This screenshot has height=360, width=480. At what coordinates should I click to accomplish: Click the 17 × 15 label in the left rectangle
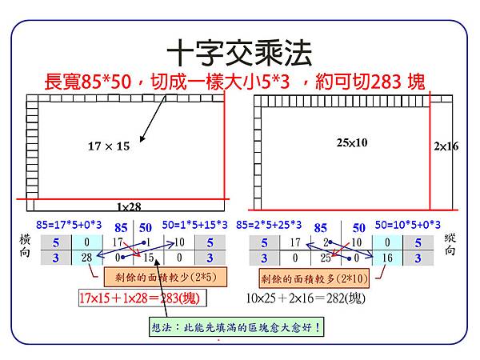coord(108,146)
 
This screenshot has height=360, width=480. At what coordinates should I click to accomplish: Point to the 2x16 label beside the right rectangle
coord(446,146)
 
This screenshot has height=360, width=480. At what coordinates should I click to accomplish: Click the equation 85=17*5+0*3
coord(70,225)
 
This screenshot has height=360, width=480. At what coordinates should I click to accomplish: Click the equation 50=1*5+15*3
coord(195,225)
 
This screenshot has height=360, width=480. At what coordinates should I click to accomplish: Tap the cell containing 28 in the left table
coord(87,258)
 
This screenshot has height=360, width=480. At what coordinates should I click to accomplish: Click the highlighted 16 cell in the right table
coord(386,258)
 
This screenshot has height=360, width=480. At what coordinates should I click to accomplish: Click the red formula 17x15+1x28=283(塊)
coord(139,298)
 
